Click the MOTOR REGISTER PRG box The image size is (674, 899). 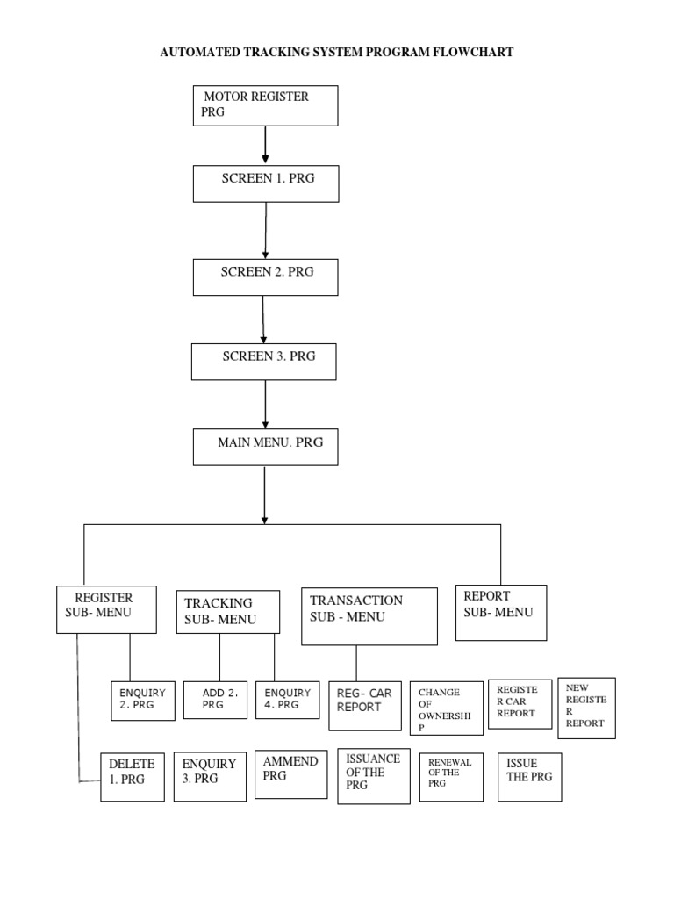pyautogui.click(x=265, y=105)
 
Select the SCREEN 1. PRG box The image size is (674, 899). pyautogui.click(x=265, y=183)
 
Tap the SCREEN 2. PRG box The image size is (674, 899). pyautogui.click(x=265, y=277)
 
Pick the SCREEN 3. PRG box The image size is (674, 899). pyautogui.click(x=264, y=361)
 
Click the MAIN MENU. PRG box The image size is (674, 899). pyautogui.click(x=264, y=446)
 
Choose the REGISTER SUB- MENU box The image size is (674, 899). pyautogui.click(x=106, y=609)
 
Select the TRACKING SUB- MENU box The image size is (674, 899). pyautogui.click(x=228, y=612)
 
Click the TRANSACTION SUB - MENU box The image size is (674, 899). pyautogui.click(x=369, y=615)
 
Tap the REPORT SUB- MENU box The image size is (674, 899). pyautogui.click(x=501, y=613)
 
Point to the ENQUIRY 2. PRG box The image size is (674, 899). pyautogui.click(x=143, y=701)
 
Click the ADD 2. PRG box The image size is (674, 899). pyautogui.click(x=215, y=701)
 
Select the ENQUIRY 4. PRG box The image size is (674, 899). pyautogui.click(x=286, y=701)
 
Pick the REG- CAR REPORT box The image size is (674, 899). pyautogui.click(x=365, y=705)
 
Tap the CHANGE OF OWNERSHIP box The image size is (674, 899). pyautogui.click(x=446, y=708)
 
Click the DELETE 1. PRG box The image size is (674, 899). pyautogui.click(x=132, y=776)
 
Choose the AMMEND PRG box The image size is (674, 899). pyautogui.click(x=290, y=773)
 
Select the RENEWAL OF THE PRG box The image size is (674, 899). pyautogui.click(x=452, y=777)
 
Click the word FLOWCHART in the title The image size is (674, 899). pyautogui.click(x=471, y=53)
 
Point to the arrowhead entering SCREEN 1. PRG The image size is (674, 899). pyautogui.click(x=265, y=161)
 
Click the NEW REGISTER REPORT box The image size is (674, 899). pyautogui.click(x=586, y=708)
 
